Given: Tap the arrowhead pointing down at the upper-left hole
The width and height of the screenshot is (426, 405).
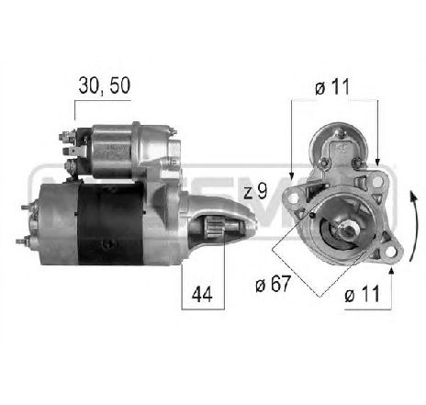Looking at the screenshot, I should (x=291, y=174).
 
